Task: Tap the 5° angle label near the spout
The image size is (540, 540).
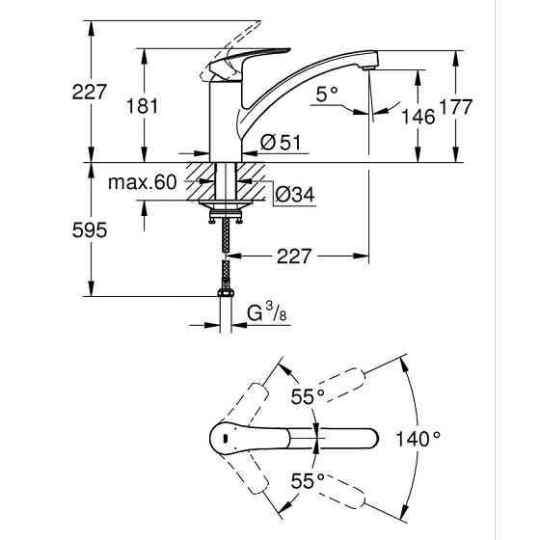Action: point(328,94)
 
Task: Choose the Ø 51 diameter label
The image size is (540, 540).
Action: point(282,143)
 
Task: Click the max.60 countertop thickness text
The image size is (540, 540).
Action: point(142,182)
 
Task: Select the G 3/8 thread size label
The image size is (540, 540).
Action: point(266,313)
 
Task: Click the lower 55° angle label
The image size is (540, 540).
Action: point(309,480)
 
